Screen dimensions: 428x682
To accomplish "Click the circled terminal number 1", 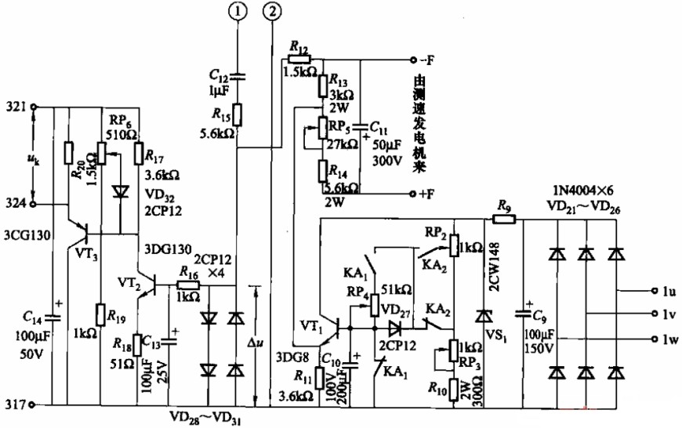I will point(237,11).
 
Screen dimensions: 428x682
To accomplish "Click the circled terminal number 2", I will point(273,11).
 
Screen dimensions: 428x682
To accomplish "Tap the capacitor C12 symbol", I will point(237,76).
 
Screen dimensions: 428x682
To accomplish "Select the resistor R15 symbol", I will point(237,114).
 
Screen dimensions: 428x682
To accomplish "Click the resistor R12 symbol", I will point(300,59).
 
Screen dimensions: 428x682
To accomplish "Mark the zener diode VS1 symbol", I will point(483,315).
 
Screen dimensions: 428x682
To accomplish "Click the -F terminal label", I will point(430,60).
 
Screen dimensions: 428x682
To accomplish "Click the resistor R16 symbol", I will point(189,286).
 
